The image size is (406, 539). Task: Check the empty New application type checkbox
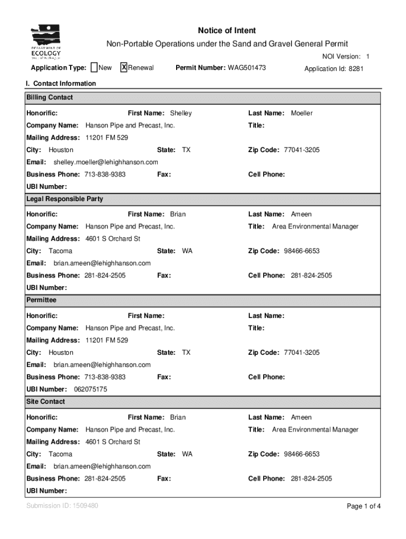pyautogui.click(x=94, y=67)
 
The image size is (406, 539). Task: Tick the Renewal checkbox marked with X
pyautogui.click(x=124, y=67)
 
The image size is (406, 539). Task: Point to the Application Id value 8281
pyautogui.click(x=356, y=69)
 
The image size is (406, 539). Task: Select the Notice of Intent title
pyautogui.click(x=227, y=31)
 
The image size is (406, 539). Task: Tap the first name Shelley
pyautogui.click(x=180, y=113)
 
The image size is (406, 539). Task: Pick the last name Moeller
pyautogui.click(x=302, y=113)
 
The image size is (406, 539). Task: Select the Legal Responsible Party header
pyautogui.click(x=65, y=199)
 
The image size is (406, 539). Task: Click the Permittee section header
pyautogui.click(x=41, y=300)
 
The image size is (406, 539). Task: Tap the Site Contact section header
pyautogui.click(x=46, y=402)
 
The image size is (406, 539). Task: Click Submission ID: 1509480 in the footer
pyautogui.click(x=62, y=506)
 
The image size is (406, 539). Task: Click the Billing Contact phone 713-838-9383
pyautogui.click(x=105, y=174)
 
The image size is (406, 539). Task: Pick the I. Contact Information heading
pyautogui.click(x=61, y=84)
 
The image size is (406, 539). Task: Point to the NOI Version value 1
pyautogui.click(x=368, y=57)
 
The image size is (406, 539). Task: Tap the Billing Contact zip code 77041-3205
pyautogui.click(x=302, y=150)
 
